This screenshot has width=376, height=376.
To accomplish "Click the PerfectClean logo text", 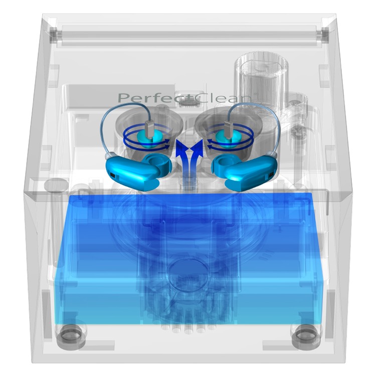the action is coord(185,98).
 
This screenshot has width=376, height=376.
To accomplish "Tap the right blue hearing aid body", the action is coord(245,171).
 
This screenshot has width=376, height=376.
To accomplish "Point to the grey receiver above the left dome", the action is coord(150,129).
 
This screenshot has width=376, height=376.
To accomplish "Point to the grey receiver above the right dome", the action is coord(228,129).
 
